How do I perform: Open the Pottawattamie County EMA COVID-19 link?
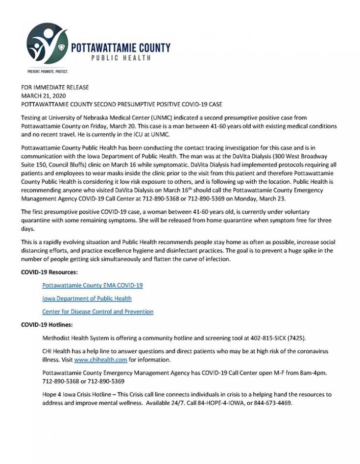point(93,285)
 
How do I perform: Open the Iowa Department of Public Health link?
point(87,298)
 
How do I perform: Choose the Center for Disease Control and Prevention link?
point(98,312)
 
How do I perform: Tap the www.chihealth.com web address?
point(101,360)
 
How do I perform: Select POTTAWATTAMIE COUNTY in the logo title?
point(120,48)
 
